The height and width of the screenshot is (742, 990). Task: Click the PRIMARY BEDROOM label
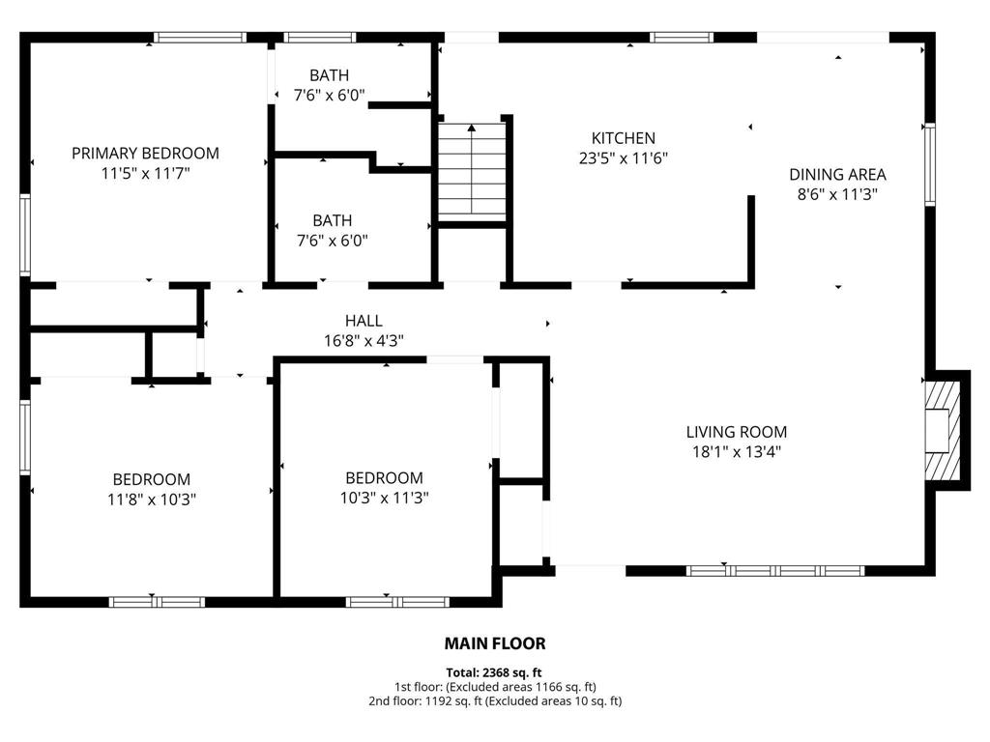click(x=145, y=153)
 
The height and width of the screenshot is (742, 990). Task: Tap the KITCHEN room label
click(x=624, y=138)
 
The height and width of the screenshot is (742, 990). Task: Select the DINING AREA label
click(x=837, y=175)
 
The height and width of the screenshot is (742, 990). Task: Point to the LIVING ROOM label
click(x=737, y=432)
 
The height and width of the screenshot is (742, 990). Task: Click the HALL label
click(x=364, y=321)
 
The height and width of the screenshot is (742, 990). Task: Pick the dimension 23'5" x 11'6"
click(x=624, y=158)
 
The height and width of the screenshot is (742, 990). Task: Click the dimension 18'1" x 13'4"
click(x=737, y=451)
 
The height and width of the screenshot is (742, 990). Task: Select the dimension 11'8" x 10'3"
click(x=152, y=499)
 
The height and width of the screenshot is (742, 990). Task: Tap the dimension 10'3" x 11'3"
click(x=385, y=498)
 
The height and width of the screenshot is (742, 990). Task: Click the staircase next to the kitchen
click(x=472, y=172)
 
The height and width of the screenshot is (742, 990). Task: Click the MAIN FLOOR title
click(x=495, y=643)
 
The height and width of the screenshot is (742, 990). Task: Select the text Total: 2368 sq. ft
click(x=494, y=672)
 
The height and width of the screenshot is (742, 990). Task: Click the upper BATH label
click(x=330, y=75)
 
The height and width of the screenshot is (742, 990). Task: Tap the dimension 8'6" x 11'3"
click(x=837, y=194)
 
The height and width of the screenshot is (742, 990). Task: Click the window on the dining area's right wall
click(x=929, y=164)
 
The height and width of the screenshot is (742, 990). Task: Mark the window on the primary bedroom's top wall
click(x=201, y=38)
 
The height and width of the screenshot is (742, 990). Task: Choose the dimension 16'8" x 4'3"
click(x=364, y=340)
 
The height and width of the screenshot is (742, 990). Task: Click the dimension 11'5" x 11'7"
click(x=145, y=173)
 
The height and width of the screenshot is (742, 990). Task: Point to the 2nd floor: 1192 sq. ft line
click(x=494, y=700)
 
